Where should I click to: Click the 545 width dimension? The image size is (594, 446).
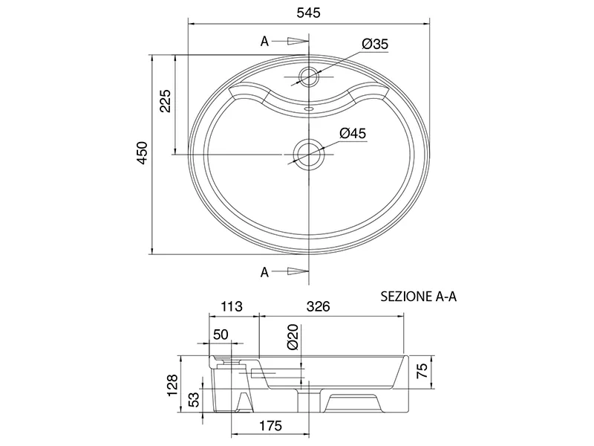308,13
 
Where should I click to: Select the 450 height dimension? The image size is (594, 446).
143,153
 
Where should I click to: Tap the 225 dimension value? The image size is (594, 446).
166,101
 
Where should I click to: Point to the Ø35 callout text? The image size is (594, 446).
375,44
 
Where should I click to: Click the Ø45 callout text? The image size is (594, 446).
353,134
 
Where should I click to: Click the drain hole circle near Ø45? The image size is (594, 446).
309,155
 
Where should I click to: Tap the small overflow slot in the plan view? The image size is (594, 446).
309,109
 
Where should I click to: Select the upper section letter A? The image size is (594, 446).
264,41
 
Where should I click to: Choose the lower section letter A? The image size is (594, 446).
264,271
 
